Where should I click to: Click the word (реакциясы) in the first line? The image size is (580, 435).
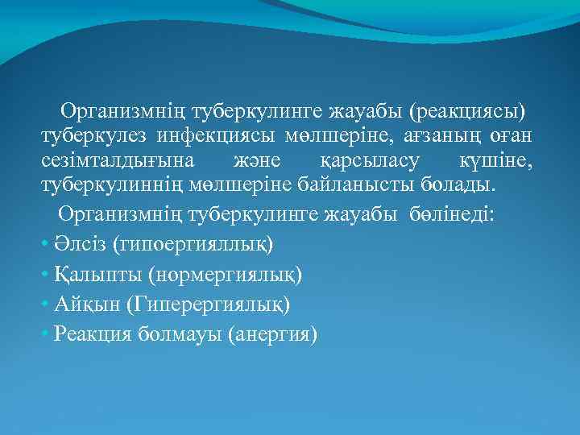coord(471,109)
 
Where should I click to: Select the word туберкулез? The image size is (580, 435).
coord(90,135)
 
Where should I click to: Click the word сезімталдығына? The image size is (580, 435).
coord(113,162)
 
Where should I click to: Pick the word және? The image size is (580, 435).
coord(255,162)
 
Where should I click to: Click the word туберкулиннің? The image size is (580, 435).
coord(113,188)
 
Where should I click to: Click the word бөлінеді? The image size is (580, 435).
coord(454,214)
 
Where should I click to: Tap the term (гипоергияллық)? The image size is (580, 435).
coord(193,242)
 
